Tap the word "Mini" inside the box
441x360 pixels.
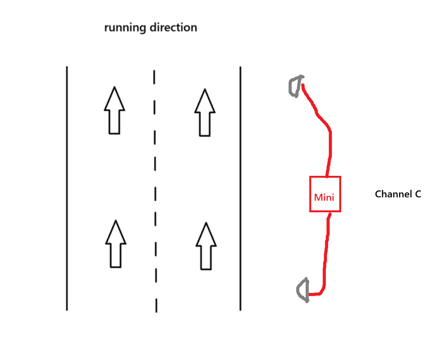[x=324, y=197]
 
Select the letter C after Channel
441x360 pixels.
[x=417, y=194]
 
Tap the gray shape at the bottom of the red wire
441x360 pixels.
[x=303, y=290]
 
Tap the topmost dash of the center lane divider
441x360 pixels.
[x=154, y=76]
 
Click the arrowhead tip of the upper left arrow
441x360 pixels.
[x=114, y=88]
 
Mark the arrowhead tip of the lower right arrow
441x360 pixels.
[x=206, y=224]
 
